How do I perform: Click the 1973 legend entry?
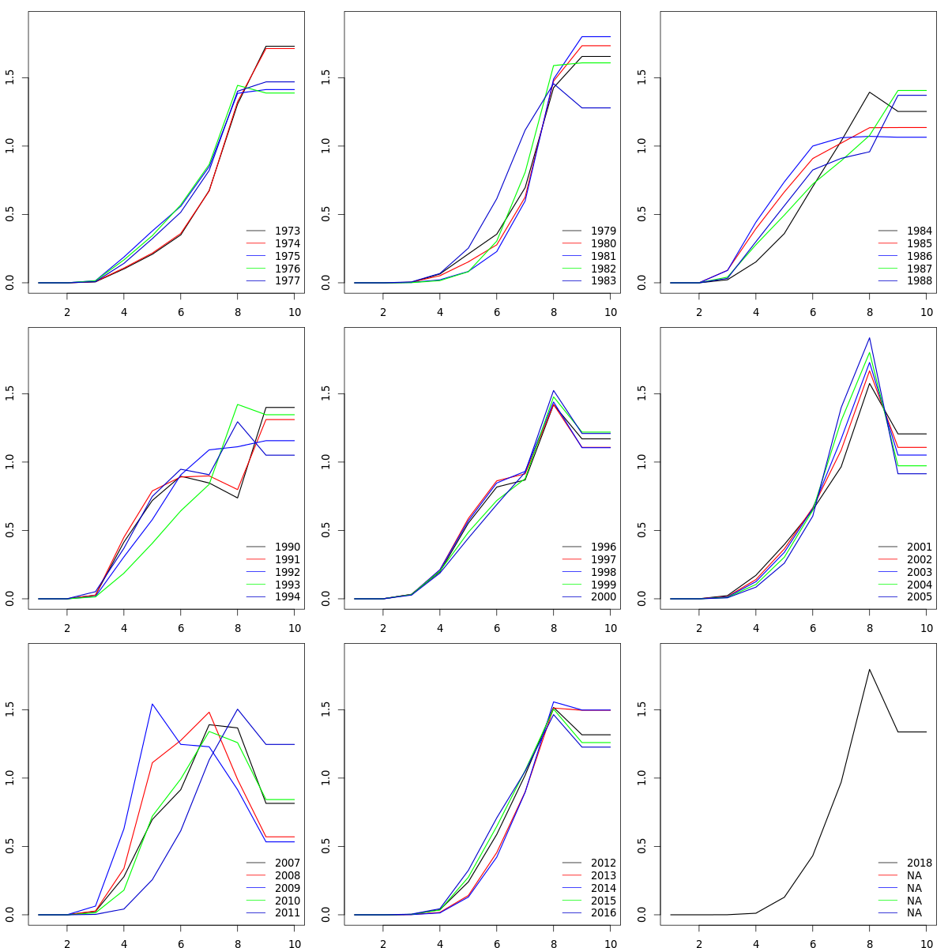click(287, 231)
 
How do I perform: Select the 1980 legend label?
click(603, 243)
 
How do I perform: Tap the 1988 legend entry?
click(919, 281)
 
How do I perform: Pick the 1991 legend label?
click(287, 559)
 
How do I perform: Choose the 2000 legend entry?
click(603, 597)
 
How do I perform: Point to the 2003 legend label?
click(919, 572)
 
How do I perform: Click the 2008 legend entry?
click(287, 875)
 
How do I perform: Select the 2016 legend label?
click(603, 913)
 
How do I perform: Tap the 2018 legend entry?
click(919, 863)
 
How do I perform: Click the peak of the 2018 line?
click(869, 669)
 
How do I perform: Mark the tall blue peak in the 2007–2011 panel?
click(152, 704)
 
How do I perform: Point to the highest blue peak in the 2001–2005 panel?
click(869, 338)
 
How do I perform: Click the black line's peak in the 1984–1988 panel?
click(869, 92)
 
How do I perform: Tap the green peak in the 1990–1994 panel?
click(237, 404)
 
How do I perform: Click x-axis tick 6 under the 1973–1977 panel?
click(180, 312)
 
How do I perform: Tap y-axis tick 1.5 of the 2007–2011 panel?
click(9, 710)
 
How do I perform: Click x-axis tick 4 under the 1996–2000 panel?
click(440, 628)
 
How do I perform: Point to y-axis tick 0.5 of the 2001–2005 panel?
click(641, 530)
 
